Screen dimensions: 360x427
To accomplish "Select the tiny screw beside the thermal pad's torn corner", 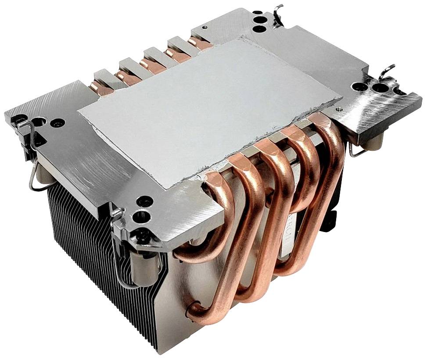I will click(x=339, y=107).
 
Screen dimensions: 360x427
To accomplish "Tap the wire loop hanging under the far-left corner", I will click(x=33, y=175).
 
